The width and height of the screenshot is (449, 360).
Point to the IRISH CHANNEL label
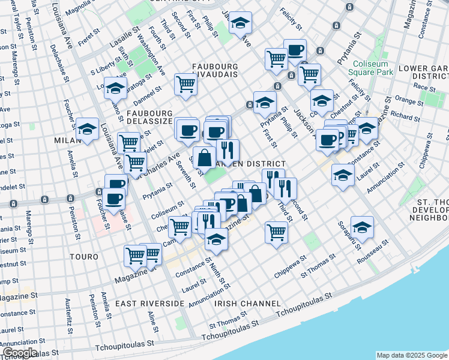coord(244,304)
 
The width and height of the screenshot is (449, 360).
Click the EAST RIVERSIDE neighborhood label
coord(149,304)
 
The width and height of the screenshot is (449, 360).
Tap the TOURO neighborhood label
coord(83,257)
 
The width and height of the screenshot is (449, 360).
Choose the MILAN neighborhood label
coord(67,140)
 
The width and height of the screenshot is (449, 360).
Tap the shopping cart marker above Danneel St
coord(186,83)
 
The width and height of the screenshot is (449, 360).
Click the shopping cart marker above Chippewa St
coord(276,232)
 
